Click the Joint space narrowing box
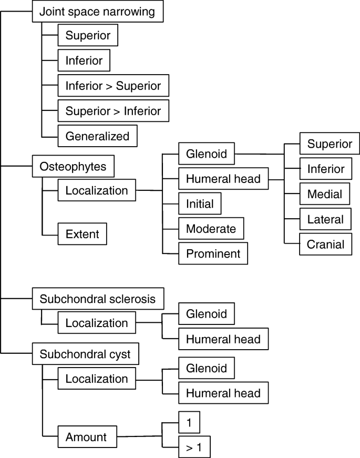(97, 12)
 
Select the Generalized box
(97, 136)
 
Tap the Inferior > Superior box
(113, 85)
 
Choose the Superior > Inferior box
(113, 111)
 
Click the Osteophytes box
(73, 167)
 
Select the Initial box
(200, 203)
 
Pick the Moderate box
(211, 229)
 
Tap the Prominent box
(213, 254)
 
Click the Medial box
(324, 194)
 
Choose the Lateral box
(325, 219)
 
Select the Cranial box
(326, 245)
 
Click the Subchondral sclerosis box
(97, 299)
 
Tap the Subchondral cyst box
(85, 354)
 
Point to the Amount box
(86, 437)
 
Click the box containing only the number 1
(189, 422)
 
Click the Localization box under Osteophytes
(96, 190)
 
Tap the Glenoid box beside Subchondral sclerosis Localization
(206, 314)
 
